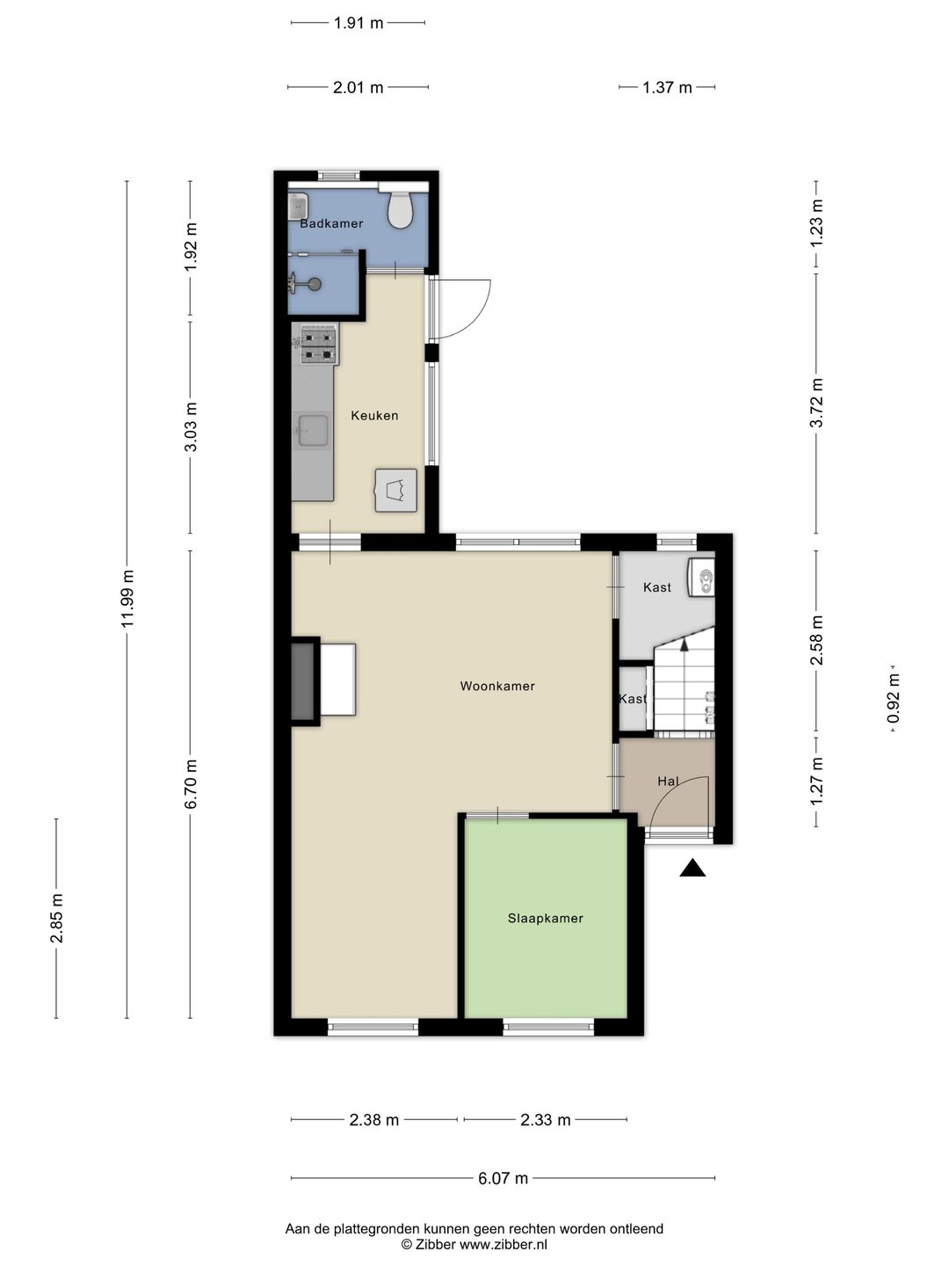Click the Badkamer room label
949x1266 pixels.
[x=331, y=224]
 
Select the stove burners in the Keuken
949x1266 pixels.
[x=319, y=345]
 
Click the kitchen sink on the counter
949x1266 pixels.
[x=313, y=431]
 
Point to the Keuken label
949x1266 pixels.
[x=374, y=415]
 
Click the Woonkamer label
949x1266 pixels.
[x=497, y=686]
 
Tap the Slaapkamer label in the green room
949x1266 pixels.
[x=545, y=918]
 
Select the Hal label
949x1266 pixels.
[x=668, y=781]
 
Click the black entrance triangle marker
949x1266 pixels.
[x=692, y=868]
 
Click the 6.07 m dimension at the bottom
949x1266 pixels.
[x=503, y=1178]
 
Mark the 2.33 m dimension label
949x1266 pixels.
[x=545, y=1119]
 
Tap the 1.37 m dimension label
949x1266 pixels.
[x=667, y=88]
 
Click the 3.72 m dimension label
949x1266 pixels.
[x=816, y=403]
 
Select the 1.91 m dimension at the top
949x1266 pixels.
[x=358, y=23]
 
